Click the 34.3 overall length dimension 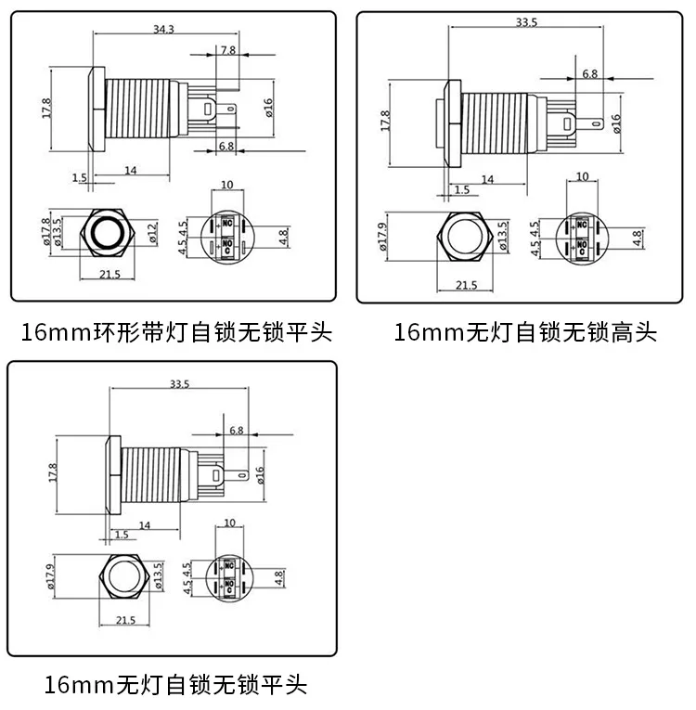(x=163, y=30)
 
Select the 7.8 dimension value (x=227, y=50)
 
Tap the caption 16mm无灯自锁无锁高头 (x=525, y=332)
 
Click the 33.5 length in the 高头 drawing (x=526, y=22)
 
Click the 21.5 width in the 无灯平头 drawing (x=124, y=620)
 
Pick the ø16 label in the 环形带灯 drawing (x=268, y=108)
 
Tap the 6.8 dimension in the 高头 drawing (x=589, y=73)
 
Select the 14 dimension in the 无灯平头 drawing (x=144, y=524)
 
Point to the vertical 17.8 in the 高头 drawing (x=385, y=122)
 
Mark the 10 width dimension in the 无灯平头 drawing (x=228, y=524)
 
